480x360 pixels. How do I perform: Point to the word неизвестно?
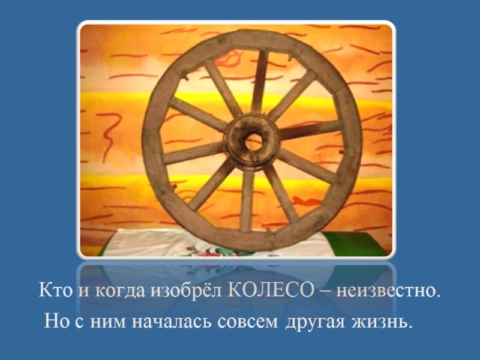(388, 292)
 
